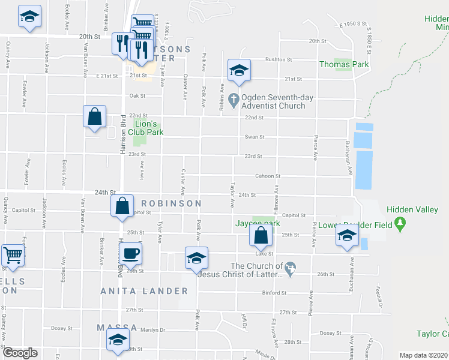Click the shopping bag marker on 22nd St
[x=95, y=117]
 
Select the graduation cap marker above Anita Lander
[x=196, y=258]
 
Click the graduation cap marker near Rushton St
[x=238, y=71]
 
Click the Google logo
[x=20, y=353]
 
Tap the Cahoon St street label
[x=268, y=176]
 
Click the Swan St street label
[x=254, y=137]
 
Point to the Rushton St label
[x=278, y=60]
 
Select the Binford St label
[x=274, y=293]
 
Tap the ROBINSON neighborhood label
[x=171, y=204]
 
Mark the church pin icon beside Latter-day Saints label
[x=291, y=266]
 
